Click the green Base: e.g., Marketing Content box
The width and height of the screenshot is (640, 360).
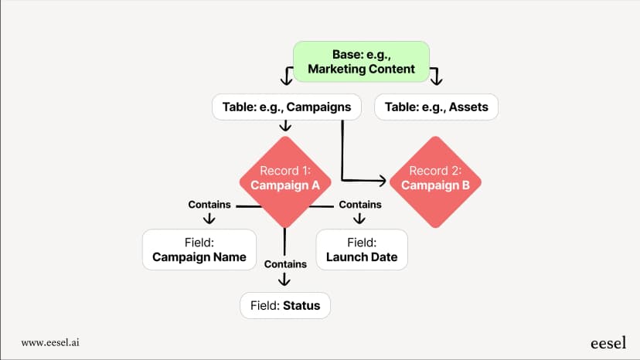(x=361, y=62)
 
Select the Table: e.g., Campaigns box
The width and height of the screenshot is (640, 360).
(x=287, y=107)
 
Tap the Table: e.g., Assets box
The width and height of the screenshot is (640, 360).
(x=436, y=107)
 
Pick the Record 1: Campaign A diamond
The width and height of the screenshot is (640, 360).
(x=285, y=182)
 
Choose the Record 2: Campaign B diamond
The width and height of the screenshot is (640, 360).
(x=435, y=182)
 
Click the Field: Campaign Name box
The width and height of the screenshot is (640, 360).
(x=199, y=250)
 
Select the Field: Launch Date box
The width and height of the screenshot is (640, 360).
(x=362, y=250)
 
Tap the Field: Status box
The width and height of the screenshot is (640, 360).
(x=285, y=305)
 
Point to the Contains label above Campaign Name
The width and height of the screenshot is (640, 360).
(x=209, y=205)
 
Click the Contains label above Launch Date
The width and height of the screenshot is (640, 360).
(x=360, y=205)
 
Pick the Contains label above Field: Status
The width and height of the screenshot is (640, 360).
(x=285, y=264)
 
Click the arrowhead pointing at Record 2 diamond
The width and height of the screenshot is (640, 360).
(x=383, y=180)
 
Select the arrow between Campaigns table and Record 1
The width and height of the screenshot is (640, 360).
(x=285, y=125)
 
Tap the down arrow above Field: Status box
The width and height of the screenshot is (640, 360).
(x=284, y=279)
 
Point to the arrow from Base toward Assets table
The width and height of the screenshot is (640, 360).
(x=436, y=76)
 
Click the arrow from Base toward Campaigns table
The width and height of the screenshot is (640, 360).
(x=287, y=76)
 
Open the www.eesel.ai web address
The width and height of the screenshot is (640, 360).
(x=50, y=342)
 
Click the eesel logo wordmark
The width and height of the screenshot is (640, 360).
(x=608, y=343)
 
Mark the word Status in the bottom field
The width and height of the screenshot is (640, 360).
(x=301, y=305)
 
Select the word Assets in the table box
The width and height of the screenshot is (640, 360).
(x=468, y=107)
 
